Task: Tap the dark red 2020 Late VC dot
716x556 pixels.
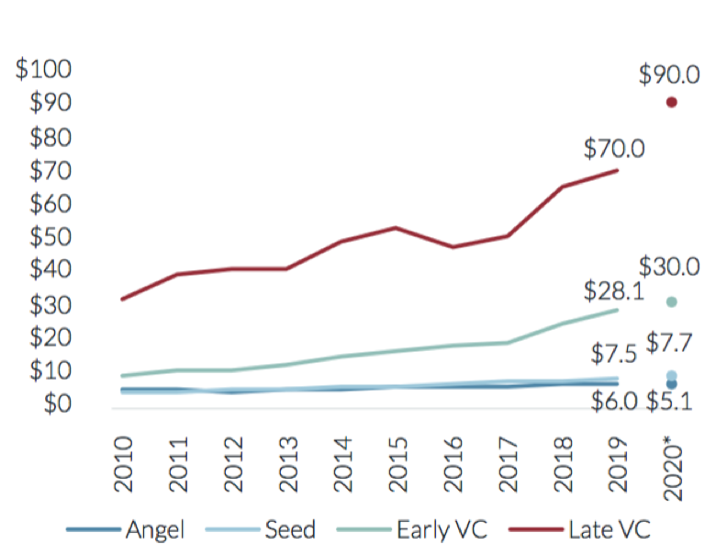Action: click(672, 102)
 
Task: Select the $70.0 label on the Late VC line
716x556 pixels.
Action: click(613, 146)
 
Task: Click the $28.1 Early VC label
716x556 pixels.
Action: click(612, 291)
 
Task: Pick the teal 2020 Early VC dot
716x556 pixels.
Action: click(672, 302)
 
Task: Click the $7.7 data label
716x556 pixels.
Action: click(673, 344)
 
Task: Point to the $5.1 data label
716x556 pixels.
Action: click(673, 402)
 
